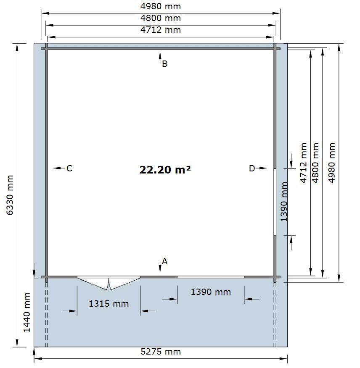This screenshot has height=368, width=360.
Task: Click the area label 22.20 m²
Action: [165, 169]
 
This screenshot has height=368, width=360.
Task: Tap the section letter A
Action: [164, 261]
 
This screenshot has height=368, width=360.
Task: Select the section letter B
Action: [165, 63]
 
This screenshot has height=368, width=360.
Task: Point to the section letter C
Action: [69, 168]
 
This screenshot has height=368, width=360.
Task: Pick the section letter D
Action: [252, 168]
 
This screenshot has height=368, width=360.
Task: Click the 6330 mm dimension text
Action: [10, 195]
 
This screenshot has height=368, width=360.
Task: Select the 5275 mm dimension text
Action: [161, 352]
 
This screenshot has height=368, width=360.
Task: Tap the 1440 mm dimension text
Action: [27, 312]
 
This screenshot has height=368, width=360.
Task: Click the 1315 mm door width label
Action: [109, 304]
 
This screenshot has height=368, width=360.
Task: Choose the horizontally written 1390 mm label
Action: [211, 292]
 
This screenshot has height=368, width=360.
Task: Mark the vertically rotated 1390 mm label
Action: [284, 201]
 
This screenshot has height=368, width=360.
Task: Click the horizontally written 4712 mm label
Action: [161, 30]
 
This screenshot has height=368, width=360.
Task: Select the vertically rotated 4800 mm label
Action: [315, 163]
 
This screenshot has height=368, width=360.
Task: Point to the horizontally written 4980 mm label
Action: [161, 6]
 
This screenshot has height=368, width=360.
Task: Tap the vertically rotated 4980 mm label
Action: [331, 163]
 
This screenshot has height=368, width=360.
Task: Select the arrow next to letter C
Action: [59, 168]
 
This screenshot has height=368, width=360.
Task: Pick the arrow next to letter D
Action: [261, 168]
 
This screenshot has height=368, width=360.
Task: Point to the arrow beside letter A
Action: [160, 266]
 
